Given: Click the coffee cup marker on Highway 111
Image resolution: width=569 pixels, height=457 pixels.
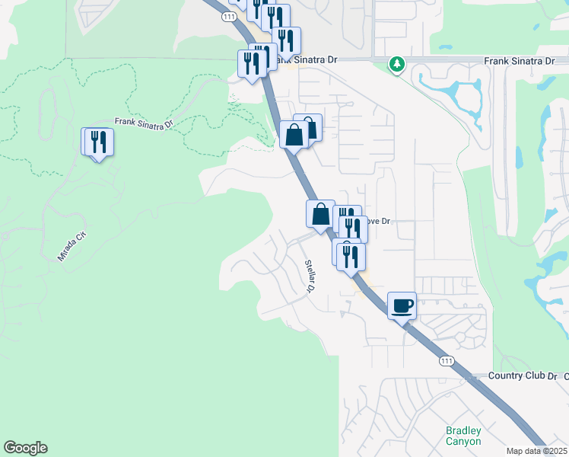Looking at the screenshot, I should [402, 306].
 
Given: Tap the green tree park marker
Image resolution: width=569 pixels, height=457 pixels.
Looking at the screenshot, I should [396, 64].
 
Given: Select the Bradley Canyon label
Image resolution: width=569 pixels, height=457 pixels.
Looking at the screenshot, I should [463, 436].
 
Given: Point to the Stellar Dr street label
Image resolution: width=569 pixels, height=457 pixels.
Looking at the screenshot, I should [310, 276].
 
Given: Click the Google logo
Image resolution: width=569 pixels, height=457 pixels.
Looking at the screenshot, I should [25, 448].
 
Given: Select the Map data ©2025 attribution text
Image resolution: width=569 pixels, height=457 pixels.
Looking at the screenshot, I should [537, 451].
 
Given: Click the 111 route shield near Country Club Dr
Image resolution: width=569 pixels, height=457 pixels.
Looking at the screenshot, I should [447, 360].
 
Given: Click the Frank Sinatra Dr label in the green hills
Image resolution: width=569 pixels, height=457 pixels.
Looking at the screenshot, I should [145, 121].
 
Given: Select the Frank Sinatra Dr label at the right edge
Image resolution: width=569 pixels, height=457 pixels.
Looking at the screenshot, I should [520, 60].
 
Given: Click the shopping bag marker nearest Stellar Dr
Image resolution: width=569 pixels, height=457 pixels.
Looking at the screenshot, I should [321, 214].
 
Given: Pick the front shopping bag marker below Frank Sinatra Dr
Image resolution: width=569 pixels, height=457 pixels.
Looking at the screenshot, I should [294, 136].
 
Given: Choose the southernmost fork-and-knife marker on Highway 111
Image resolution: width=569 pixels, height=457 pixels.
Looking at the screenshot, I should [351, 257].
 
